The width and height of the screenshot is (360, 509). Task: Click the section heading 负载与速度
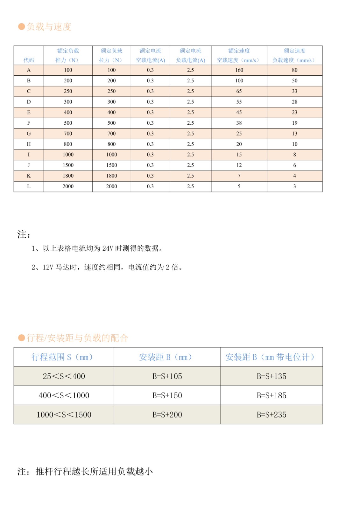pyautogui.click(x=49, y=27)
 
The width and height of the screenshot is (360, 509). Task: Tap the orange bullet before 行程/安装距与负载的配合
pyautogui.click(x=22, y=338)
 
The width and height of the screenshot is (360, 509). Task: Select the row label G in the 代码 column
pyautogui.click(x=29, y=134)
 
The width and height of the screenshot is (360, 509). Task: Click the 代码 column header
pyautogui.click(x=29, y=60)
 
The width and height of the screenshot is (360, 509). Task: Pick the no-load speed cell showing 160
pyautogui.click(x=239, y=70)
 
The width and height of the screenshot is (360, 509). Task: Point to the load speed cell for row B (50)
pyautogui.click(x=294, y=81)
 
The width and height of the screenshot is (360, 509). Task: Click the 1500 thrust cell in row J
pyautogui.click(x=68, y=165)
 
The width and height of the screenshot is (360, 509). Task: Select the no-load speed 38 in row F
pyautogui.click(x=239, y=123)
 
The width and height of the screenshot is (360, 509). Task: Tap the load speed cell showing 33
pyautogui.click(x=294, y=91)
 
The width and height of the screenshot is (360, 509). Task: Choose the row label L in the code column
pyautogui.click(x=29, y=186)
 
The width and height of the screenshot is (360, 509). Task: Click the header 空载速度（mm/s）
pyautogui.click(x=239, y=60)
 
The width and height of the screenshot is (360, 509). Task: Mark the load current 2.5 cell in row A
pyautogui.click(x=190, y=70)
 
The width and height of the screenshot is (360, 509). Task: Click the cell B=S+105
pyautogui.click(x=167, y=376)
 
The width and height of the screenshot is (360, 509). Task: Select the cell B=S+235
pyautogui.click(x=272, y=415)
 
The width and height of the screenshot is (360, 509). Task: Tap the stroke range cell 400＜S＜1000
pyautogui.click(x=64, y=395)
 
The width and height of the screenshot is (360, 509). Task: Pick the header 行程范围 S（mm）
pyautogui.click(x=62, y=357)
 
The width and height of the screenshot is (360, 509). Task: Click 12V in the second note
pyautogui.click(x=48, y=267)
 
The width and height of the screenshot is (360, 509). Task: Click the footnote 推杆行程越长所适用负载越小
pyautogui.click(x=94, y=471)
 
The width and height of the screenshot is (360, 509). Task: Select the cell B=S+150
pyautogui.click(x=167, y=395)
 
